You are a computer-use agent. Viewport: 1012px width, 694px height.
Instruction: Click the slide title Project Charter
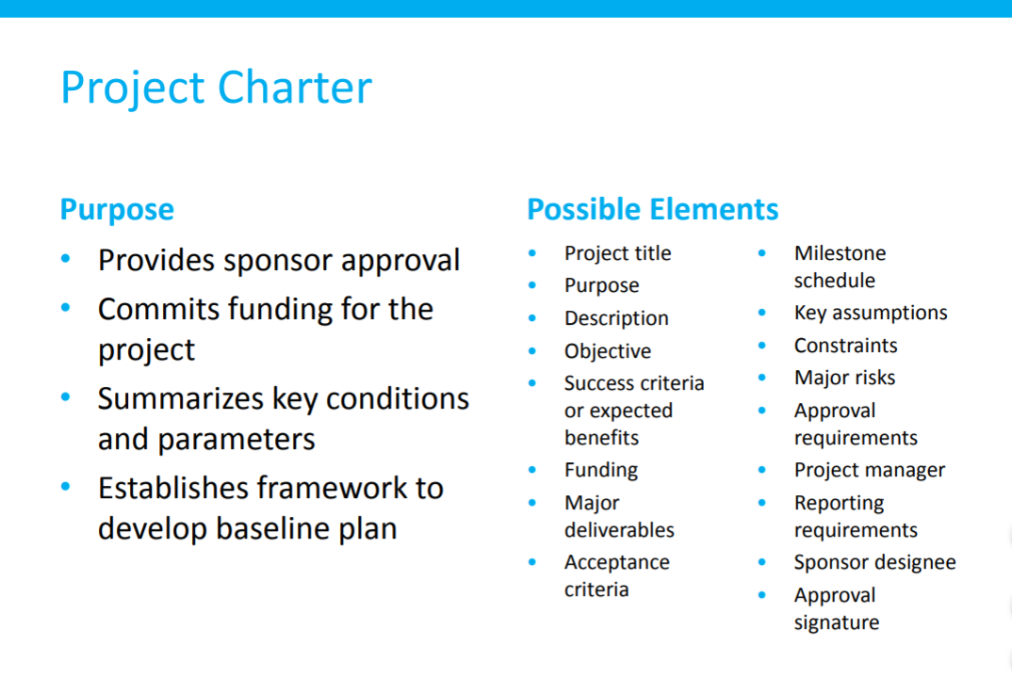tap(216, 88)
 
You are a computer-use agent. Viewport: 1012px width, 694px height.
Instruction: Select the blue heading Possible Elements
tap(652, 210)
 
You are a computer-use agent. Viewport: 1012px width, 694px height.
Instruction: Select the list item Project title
tap(617, 253)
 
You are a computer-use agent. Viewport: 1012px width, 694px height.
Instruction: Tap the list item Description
tap(616, 318)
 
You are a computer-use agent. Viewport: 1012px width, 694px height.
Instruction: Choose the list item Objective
tap(608, 351)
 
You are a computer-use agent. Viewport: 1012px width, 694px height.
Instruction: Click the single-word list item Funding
tap(601, 470)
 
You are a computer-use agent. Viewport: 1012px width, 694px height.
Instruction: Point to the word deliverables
tap(620, 529)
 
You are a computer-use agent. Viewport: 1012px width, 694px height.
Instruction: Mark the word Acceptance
tap(617, 563)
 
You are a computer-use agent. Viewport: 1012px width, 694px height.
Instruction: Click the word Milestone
tap(841, 252)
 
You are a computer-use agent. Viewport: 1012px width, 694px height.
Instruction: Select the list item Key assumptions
tap(871, 313)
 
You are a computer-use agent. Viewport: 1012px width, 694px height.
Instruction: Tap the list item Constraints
tap(845, 346)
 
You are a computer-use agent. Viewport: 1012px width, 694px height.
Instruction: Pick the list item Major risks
tap(845, 378)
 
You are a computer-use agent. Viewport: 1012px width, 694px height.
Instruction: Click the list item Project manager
tap(870, 470)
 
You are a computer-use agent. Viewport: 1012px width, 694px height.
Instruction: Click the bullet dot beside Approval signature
tap(762, 595)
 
